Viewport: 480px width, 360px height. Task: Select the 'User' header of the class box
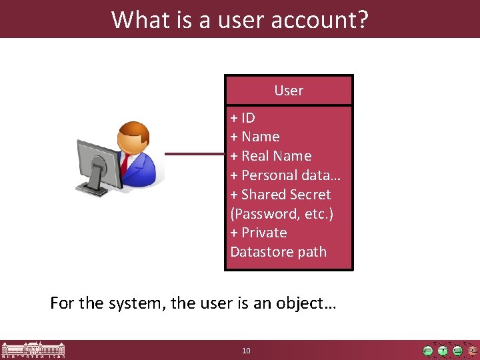tap(289, 91)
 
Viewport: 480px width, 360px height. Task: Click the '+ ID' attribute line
tap(243, 118)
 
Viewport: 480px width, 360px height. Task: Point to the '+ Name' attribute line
tap(255, 137)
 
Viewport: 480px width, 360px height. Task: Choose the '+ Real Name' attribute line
tap(271, 156)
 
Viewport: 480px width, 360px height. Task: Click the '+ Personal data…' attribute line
tap(286, 175)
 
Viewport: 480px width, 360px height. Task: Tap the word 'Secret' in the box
tap(310, 195)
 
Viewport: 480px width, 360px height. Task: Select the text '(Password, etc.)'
tap(281, 214)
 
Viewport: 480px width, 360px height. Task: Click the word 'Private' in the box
tap(264, 233)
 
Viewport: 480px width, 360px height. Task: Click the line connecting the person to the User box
tap(195, 155)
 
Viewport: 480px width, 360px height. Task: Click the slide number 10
tap(246, 351)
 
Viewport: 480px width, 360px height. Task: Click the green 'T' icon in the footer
tap(443, 351)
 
